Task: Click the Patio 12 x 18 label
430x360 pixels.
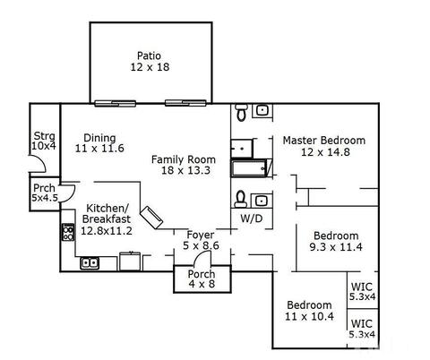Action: coord(150,61)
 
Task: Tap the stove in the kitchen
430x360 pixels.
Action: coord(68,232)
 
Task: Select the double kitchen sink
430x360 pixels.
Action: coord(90,263)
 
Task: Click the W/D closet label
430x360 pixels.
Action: coord(252,219)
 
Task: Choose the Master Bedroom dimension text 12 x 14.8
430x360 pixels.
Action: coord(325,152)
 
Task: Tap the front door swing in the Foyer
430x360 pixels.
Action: coord(202,258)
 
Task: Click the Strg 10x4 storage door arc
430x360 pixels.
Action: coord(39,164)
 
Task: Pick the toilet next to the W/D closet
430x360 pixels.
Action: coord(240,199)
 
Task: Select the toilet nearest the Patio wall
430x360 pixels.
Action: coord(241,112)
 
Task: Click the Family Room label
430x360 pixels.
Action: coord(183,159)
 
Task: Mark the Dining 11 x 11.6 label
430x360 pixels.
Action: coord(99,143)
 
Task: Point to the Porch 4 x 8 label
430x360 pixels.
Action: coord(202,279)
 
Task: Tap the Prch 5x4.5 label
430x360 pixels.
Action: coord(45,193)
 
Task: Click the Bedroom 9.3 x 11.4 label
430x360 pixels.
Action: coord(336,241)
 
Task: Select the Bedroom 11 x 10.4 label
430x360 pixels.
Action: coord(309,311)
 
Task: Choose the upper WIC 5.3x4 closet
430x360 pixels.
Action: coord(363,290)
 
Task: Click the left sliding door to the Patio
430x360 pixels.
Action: coord(116,104)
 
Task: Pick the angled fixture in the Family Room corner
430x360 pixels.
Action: coord(151,218)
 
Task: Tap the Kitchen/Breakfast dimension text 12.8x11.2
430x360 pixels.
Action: coord(107,231)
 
